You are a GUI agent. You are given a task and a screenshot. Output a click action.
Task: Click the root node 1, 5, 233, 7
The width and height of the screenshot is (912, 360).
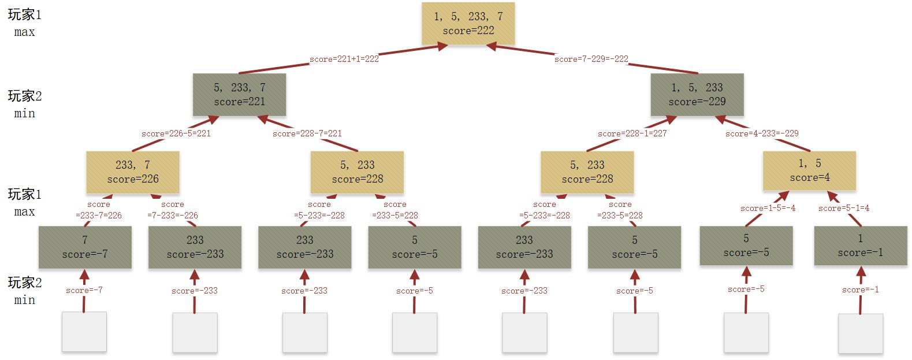[468, 24]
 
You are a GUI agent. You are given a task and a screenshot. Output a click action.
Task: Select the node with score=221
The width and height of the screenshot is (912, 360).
[239, 95]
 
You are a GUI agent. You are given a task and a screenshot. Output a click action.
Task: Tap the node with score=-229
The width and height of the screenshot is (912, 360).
[697, 95]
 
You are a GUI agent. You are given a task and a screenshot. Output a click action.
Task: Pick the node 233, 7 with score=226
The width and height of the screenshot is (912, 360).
[133, 172]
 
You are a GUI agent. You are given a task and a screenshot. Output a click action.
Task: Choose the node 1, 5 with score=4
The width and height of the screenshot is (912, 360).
[809, 171]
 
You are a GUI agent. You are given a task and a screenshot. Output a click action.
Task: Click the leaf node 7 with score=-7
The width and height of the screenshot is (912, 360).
[85, 247]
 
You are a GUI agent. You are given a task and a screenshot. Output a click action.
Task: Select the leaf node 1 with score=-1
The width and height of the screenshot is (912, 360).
[860, 246]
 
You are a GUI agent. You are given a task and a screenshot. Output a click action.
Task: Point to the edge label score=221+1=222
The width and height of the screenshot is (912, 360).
[344, 59]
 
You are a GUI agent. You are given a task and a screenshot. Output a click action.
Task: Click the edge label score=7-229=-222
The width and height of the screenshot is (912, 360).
[591, 59]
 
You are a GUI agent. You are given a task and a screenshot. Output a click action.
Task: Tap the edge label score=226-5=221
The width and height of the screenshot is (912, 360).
[176, 133]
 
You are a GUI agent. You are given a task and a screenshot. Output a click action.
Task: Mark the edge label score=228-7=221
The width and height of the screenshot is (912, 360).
[307, 133]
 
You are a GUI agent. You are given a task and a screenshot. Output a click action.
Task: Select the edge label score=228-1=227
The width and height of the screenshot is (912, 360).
[632, 133]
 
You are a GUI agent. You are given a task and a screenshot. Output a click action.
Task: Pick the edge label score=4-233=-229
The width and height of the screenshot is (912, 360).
[762, 133]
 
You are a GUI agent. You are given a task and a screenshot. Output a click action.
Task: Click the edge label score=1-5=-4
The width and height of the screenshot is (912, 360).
[768, 208]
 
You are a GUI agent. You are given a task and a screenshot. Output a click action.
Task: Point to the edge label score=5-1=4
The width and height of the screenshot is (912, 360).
[844, 208]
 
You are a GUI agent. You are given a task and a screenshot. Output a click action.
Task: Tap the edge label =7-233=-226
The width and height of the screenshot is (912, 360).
[173, 215]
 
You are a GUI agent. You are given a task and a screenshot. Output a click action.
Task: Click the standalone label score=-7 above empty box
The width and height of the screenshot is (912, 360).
[84, 290]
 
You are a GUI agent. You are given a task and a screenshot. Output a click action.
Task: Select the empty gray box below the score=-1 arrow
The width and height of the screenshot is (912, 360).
[861, 333]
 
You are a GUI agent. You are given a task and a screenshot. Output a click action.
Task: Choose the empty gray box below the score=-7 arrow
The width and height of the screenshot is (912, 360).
[84, 332]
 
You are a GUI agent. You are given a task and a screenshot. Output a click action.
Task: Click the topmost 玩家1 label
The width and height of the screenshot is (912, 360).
[24, 16]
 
